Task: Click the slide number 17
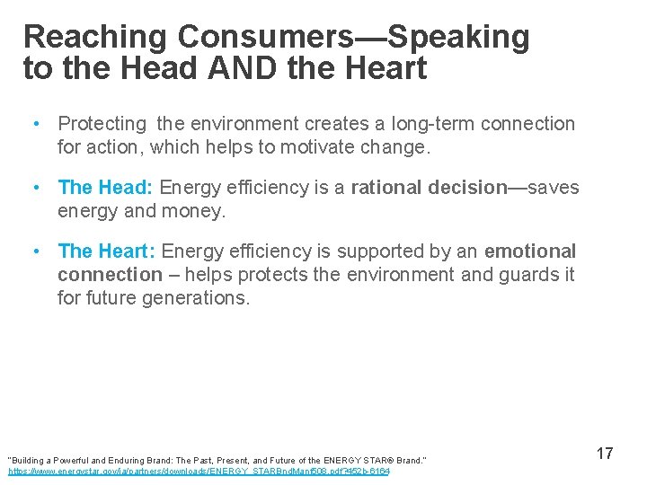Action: point(605,454)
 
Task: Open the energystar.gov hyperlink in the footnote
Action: point(199,470)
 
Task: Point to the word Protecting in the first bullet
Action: point(102,124)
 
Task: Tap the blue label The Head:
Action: point(106,188)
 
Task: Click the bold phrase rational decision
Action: point(430,188)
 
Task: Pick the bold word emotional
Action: point(530,251)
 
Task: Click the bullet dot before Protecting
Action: point(33,124)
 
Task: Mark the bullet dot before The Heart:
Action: point(33,251)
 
